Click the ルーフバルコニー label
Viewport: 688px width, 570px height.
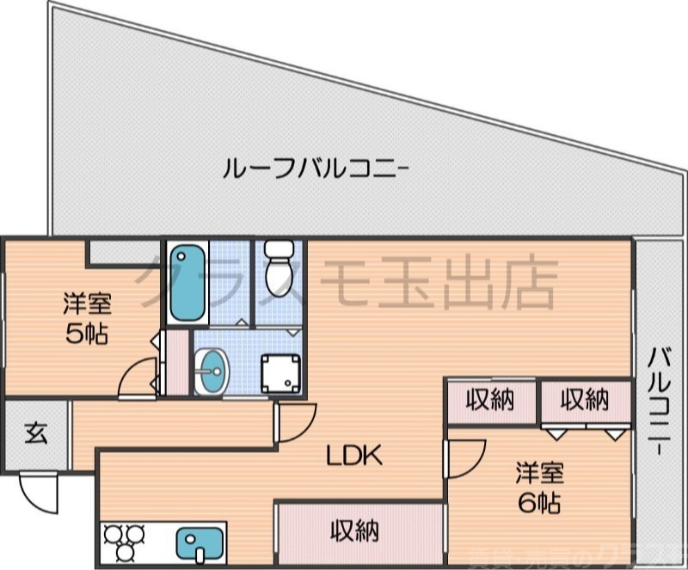pos(313,166)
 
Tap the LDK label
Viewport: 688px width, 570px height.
pos(353,456)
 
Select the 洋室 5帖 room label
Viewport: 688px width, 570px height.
pos(87,318)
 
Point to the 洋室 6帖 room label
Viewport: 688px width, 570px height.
pos(539,487)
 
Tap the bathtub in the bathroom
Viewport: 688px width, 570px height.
pos(187,281)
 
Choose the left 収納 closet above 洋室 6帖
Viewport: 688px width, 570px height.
pos(490,400)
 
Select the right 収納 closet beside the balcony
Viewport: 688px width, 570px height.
pos(585,400)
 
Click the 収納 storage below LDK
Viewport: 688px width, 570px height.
pos(355,532)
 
